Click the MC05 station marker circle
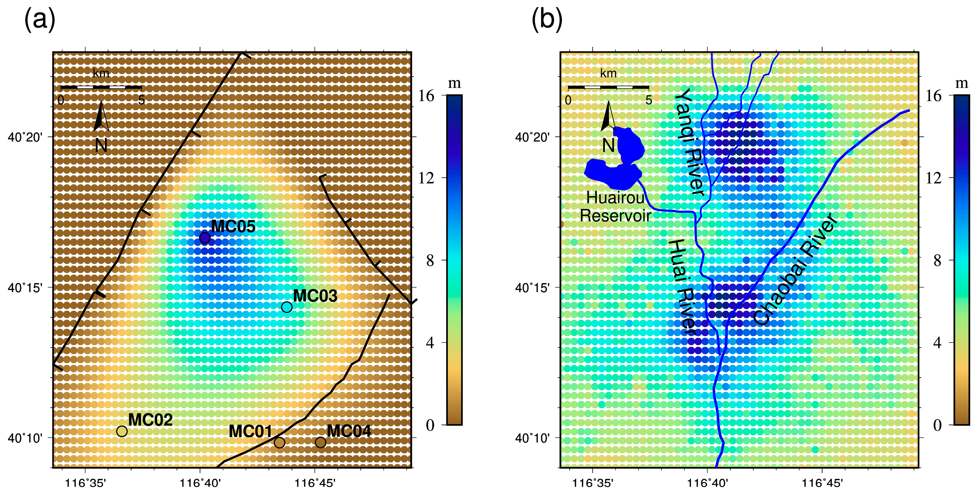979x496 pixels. (x=205, y=238)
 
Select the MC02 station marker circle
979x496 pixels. (x=122, y=431)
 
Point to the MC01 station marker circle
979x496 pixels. (x=279, y=442)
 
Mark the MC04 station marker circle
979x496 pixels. (x=321, y=442)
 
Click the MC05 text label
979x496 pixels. (x=233, y=226)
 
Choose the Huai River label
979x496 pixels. (x=683, y=287)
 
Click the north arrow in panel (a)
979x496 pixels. (x=101, y=118)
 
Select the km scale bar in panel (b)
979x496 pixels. (x=608, y=87)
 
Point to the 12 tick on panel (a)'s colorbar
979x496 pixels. (x=426, y=178)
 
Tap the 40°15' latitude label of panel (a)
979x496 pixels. (x=25, y=287)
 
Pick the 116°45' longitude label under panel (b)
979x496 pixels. (x=822, y=483)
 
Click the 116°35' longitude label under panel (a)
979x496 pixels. (x=86, y=483)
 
